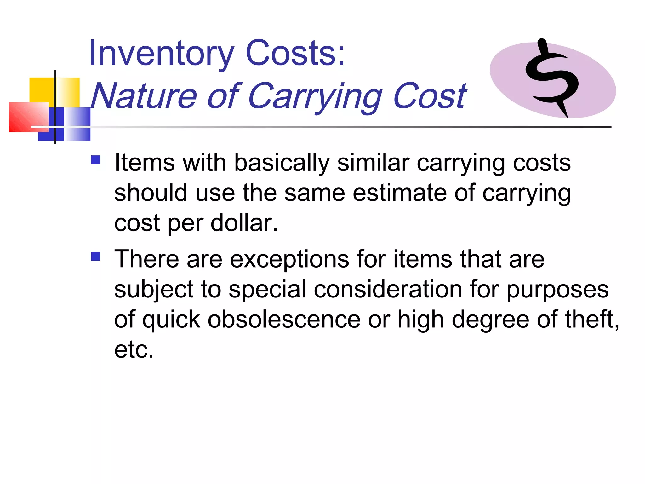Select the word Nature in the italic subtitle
[144, 96]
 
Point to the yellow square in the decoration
[41, 89]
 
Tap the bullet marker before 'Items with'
[95, 160]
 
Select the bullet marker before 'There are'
[95, 256]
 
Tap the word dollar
[244, 223]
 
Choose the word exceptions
[289, 259]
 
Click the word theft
[592, 319]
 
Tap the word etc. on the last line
[134, 350]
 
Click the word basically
[282, 163]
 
